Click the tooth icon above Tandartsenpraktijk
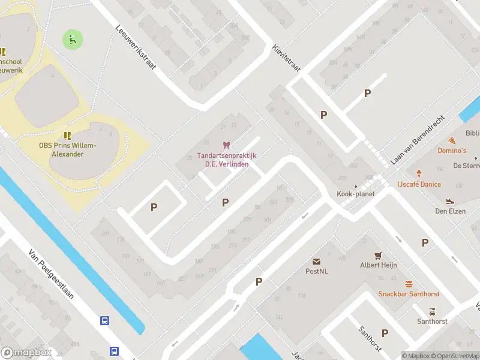coord(226,145)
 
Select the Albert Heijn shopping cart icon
coord(378,255)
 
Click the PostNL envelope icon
coord(316,262)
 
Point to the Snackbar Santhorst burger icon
coord(409,284)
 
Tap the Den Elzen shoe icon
coord(450,201)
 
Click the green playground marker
coord(73,40)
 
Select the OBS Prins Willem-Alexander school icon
coord(68,135)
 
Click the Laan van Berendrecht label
coord(416,140)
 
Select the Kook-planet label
coord(355,194)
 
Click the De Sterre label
coord(465,165)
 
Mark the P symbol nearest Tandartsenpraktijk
coord(226,203)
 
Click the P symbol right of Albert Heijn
coord(425,242)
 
